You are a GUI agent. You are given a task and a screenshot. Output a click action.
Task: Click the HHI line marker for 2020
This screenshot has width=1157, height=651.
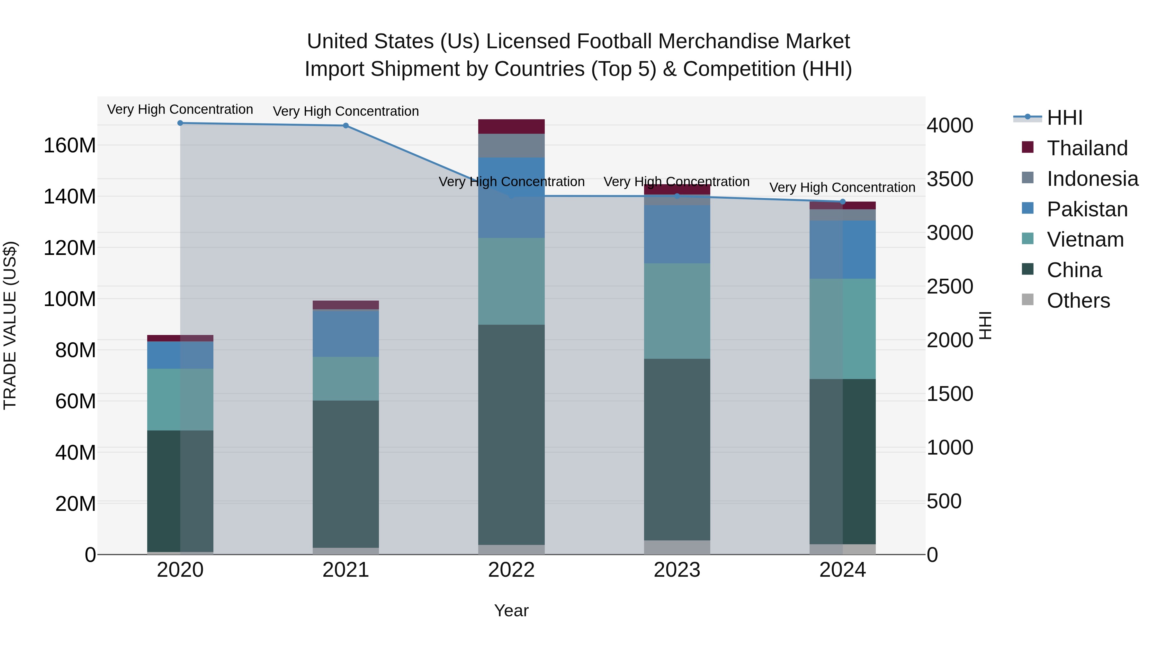pyautogui.click(x=180, y=123)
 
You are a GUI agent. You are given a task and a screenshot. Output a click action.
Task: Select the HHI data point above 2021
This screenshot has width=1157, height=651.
pyautogui.click(x=346, y=126)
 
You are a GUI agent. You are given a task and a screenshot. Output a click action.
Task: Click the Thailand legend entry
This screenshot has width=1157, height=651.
pyautogui.click(x=1087, y=148)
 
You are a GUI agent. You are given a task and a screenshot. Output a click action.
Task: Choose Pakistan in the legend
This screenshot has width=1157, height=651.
pyautogui.click(x=1087, y=209)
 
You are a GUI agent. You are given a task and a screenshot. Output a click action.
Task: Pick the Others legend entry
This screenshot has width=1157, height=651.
pyautogui.click(x=1078, y=301)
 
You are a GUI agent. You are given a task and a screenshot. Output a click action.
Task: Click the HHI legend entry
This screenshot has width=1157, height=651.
pyautogui.click(x=1064, y=118)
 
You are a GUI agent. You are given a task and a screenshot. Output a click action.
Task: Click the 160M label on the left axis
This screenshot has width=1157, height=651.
pyautogui.click(x=70, y=146)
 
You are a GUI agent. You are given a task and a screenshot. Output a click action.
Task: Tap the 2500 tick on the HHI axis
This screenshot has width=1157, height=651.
pyautogui.click(x=950, y=287)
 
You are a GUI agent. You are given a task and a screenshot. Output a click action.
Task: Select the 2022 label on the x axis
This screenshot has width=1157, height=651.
pyautogui.click(x=511, y=570)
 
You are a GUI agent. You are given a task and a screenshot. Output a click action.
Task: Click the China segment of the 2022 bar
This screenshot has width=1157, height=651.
pyautogui.click(x=511, y=434)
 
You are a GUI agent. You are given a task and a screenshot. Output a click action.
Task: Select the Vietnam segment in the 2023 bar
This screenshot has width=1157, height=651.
pyautogui.click(x=677, y=311)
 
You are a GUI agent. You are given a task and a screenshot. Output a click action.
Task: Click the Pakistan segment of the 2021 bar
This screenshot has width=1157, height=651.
pyautogui.click(x=346, y=334)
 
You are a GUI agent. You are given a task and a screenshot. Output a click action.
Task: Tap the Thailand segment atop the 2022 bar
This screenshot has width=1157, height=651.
pyautogui.click(x=511, y=126)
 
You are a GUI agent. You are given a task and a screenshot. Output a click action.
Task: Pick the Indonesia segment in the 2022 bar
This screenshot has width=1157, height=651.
pyautogui.click(x=511, y=146)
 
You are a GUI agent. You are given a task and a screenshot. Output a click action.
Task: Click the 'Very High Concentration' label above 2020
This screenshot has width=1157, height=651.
pyautogui.click(x=180, y=110)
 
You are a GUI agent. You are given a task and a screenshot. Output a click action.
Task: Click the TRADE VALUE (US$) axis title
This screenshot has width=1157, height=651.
pyautogui.click(x=10, y=325)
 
